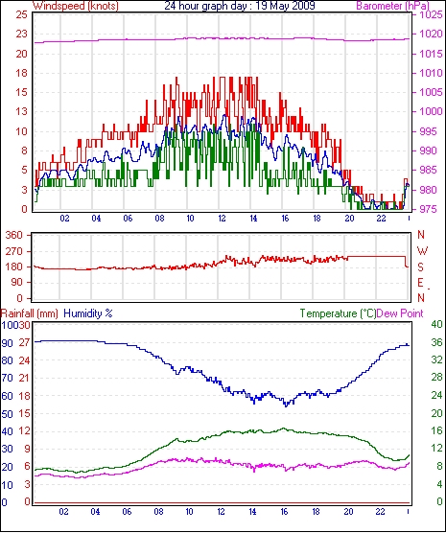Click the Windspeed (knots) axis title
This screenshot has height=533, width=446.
point(76,6)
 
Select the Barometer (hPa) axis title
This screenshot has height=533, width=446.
point(392,6)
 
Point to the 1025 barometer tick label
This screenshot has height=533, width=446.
point(432,15)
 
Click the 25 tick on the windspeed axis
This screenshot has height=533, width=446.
point(21,15)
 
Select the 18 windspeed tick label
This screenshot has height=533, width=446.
point(21,73)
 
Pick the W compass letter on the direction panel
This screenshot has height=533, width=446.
point(422,251)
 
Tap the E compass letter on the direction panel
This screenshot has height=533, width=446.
point(420,283)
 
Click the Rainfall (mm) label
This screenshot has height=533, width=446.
point(30,313)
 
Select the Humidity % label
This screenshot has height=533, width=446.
point(88,313)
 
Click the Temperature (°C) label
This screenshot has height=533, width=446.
point(339,313)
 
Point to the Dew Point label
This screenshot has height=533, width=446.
point(400,313)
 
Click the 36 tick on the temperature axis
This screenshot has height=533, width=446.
point(436,342)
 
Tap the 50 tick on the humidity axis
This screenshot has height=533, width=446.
point(7,414)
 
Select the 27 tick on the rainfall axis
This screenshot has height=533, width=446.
point(24,342)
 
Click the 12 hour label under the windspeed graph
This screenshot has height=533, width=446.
point(222,218)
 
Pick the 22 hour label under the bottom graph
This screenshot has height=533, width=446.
point(380,511)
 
